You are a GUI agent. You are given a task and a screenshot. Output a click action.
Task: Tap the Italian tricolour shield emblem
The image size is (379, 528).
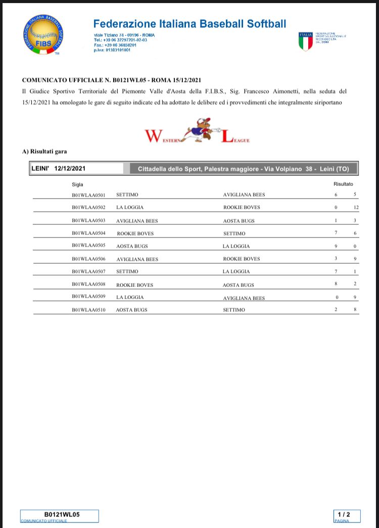click(x=306, y=41)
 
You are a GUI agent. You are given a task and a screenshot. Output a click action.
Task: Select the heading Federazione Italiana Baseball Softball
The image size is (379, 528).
click(x=189, y=24)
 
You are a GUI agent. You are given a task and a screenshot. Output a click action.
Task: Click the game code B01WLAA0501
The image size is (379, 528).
click(x=88, y=195)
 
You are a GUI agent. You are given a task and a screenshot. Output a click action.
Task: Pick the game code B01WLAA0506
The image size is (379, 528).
click(x=88, y=259)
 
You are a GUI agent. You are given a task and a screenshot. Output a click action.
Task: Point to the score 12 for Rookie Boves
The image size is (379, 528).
click(x=356, y=208)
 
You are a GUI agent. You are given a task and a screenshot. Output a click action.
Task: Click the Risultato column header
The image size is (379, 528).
click(x=343, y=184)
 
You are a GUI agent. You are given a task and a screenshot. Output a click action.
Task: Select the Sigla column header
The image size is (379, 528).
click(x=77, y=184)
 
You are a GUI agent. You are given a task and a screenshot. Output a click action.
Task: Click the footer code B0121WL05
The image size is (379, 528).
click(x=59, y=514)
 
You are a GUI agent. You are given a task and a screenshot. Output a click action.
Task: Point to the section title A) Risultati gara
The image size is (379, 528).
click(x=44, y=151)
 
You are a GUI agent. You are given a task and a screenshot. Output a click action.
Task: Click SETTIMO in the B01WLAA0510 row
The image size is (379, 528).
click(x=234, y=310)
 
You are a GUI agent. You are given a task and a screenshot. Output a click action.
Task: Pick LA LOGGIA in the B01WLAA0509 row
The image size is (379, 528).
click(x=130, y=297)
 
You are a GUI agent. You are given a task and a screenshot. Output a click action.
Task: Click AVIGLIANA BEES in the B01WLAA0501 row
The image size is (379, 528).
click(x=244, y=195)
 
